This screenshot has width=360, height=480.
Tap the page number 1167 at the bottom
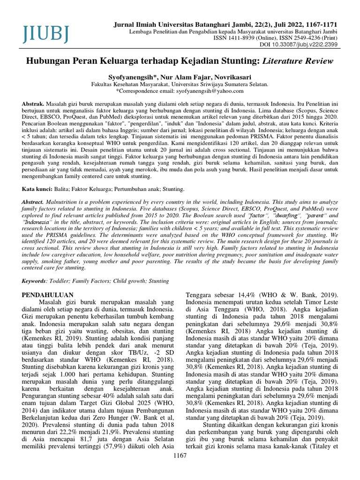coord(180,469)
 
